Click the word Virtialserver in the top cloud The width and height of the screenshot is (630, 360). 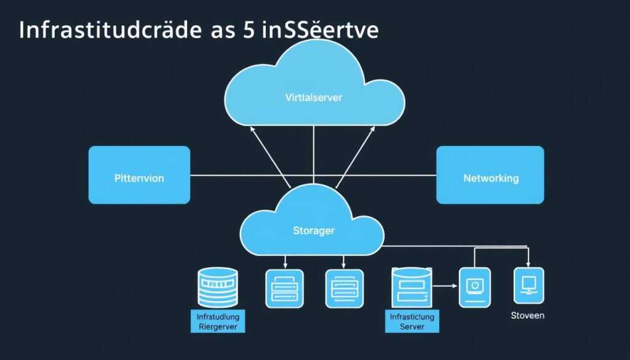(314, 97)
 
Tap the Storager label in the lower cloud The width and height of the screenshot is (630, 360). (314, 231)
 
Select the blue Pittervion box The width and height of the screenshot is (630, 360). (139, 175)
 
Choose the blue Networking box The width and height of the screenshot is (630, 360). (490, 175)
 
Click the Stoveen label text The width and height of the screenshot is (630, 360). (527, 316)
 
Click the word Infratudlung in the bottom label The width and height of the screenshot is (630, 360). (218, 316)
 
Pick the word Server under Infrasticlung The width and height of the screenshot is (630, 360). (412, 326)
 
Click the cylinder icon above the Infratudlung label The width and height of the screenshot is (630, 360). (218, 287)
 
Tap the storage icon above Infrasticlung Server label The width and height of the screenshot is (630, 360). (412, 287)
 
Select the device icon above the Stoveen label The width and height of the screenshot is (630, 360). (528, 286)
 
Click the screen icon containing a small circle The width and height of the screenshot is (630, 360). (474, 287)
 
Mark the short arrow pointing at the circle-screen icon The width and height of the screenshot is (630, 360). (444, 286)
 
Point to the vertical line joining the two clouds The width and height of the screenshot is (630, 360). (314, 154)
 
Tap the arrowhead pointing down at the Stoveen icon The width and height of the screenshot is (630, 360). (528, 263)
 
